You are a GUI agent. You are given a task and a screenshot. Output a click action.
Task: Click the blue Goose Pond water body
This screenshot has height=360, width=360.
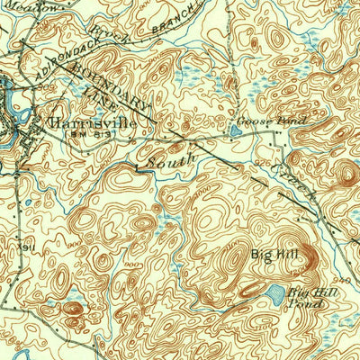point(235,130)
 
